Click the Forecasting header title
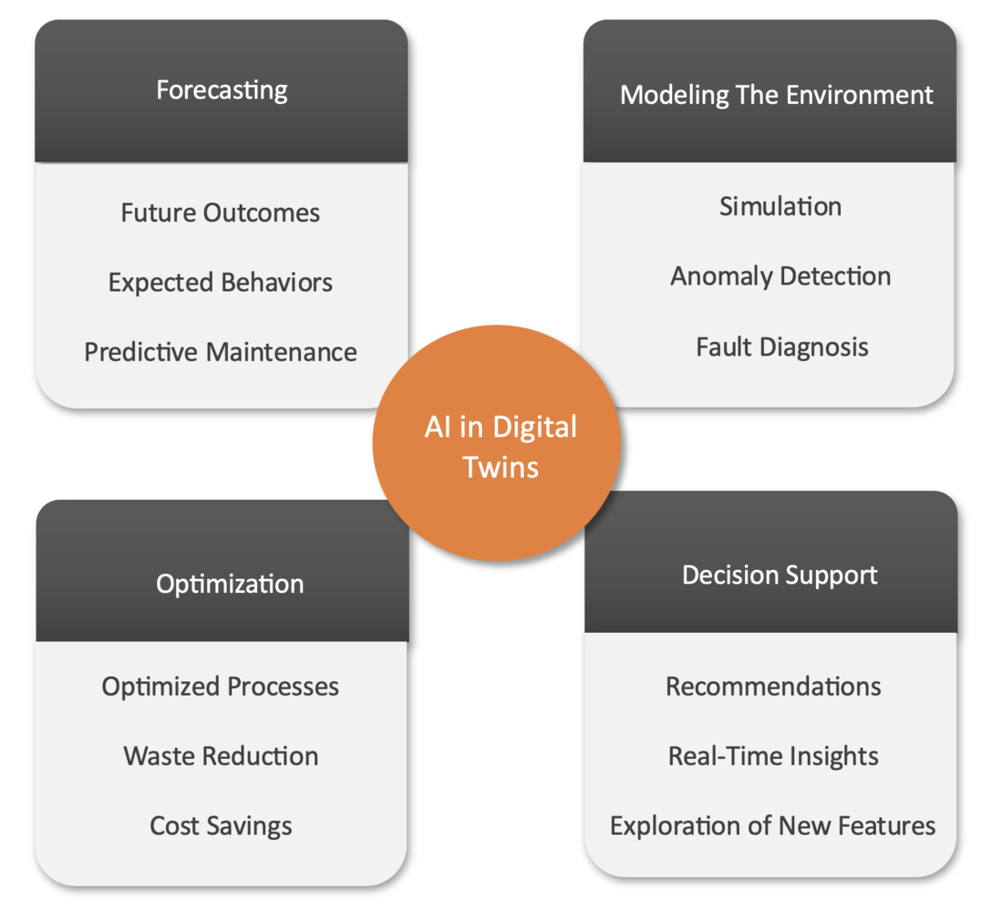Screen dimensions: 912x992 (222, 90)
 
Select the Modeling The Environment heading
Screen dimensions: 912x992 (776, 95)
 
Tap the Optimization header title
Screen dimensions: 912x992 (230, 584)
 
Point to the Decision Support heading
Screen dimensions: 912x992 (780, 575)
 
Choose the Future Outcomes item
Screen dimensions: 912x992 (221, 212)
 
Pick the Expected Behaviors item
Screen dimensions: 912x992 (221, 282)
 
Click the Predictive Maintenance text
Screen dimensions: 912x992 (221, 352)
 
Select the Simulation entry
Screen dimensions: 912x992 (780, 206)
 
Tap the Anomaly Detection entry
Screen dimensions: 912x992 (780, 276)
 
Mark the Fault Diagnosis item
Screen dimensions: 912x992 (782, 347)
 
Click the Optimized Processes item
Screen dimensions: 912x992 (221, 686)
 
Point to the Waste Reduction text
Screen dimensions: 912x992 (221, 756)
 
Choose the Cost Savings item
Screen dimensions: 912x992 (221, 826)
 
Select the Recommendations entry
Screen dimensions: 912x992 (773, 686)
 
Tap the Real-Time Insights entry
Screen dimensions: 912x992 (773, 756)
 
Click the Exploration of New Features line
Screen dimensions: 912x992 (773, 826)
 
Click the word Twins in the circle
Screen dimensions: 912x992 (501, 467)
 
